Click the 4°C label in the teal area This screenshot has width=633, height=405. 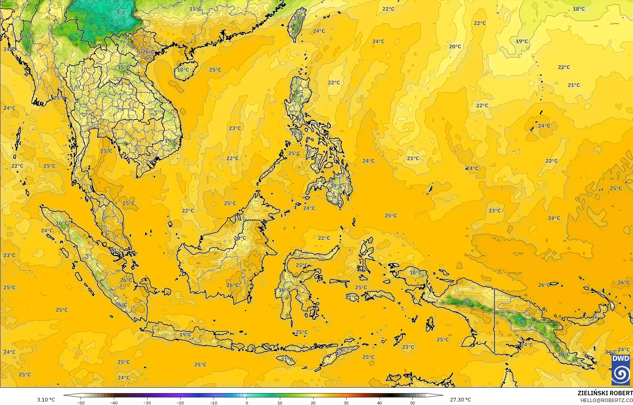click(121, 13)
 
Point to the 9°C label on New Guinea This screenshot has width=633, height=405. click(467, 302)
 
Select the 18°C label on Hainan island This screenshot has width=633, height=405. click(183, 70)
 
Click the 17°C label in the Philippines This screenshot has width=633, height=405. click(297, 133)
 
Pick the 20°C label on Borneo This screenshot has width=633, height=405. click(240, 238)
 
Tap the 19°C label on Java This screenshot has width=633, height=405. click(185, 335)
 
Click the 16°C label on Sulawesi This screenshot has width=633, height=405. click(284, 290)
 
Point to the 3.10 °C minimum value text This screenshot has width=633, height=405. click(46, 400)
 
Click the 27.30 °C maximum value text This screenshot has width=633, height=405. click(460, 400)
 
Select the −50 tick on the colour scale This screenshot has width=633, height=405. click(81, 402)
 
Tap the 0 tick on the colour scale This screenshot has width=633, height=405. click(247, 402)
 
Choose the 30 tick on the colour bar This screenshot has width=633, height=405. click(346, 402)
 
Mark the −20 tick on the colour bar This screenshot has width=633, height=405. click(180, 402)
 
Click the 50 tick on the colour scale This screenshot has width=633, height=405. click(413, 402)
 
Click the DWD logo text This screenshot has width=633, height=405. click(620, 359)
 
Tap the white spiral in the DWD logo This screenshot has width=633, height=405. click(620, 374)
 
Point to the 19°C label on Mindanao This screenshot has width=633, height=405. click(336, 186)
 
